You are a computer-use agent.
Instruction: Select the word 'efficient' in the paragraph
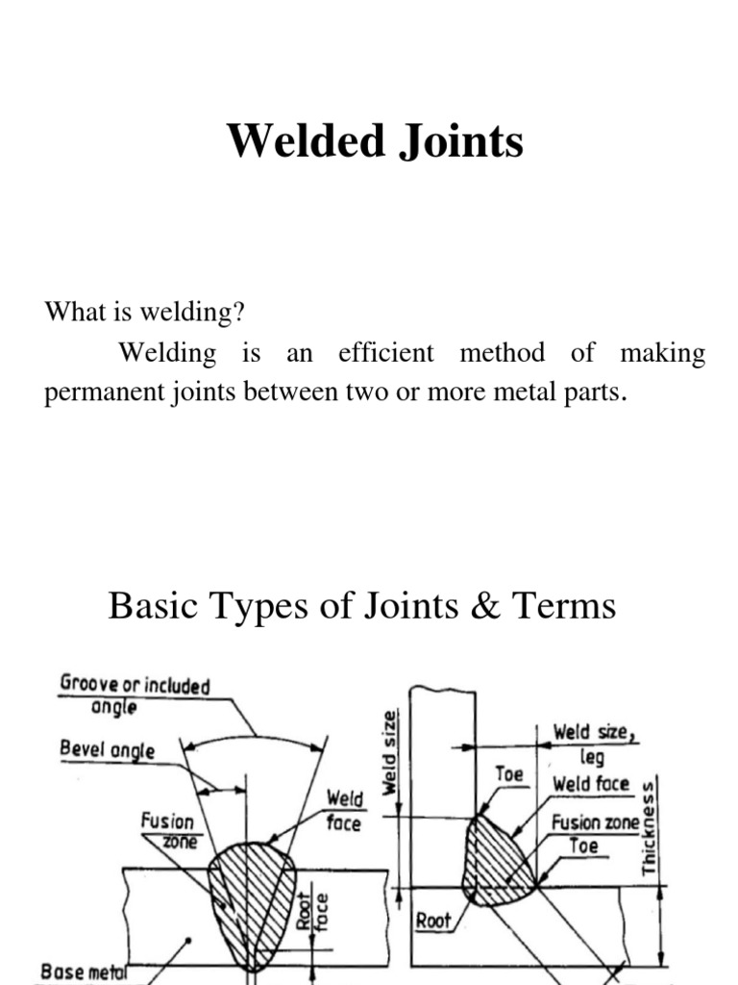coord(385,353)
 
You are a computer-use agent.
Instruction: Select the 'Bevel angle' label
coord(107,749)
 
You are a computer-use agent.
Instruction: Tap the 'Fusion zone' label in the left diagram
coord(167,830)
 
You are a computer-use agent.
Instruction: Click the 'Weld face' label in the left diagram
coord(343,809)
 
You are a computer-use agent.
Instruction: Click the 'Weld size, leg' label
coord(594,744)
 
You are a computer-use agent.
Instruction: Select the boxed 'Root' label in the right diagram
coord(433,921)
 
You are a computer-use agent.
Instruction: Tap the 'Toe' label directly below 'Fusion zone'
coord(583,846)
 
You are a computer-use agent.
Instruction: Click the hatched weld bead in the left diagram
coord(253,895)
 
